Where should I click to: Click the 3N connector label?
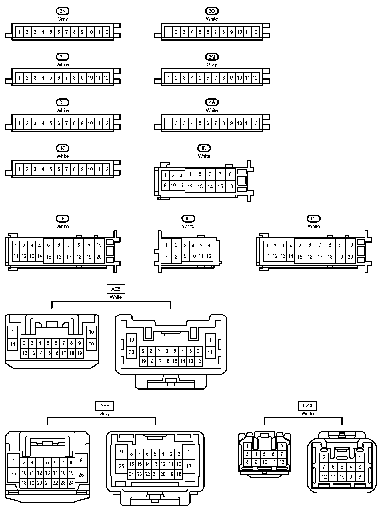pyautogui.click(x=63, y=11)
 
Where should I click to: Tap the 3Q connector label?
pyautogui.click(x=212, y=57)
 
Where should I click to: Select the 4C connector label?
pyautogui.click(x=63, y=148)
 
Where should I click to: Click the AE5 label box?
pyautogui.click(x=116, y=289)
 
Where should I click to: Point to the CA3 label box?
pyautogui.click(x=307, y=406)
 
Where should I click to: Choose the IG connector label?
pyautogui.click(x=188, y=219)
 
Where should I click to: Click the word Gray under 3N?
pyautogui.click(x=63, y=19)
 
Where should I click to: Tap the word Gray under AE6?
pyautogui.click(x=105, y=414)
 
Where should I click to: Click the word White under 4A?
pyautogui.click(x=212, y=110)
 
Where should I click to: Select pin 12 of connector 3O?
pyautogui.click(x=255, y=32)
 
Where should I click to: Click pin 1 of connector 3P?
pyautogui.click(x=19, y=78)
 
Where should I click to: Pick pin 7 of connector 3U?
pyautogui.click(x=66, y=124)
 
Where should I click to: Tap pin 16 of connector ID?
pyautogui.click(x=230, y=187)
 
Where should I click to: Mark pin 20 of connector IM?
pyautogui.click(x=350, y=257)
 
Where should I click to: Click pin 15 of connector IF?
pyautogui.click(x=49, y=257)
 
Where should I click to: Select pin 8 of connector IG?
pyautogui.click(x=176, y=257)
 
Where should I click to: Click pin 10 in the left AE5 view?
pyautogui.click(x=91, y=332)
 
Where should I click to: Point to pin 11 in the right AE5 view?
pyautogui.click(x=210, y=352)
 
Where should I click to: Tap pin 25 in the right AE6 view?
pyautogui.click(x=121, y=466)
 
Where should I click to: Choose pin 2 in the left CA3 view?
pyautogui.click(x=282, y=447)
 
